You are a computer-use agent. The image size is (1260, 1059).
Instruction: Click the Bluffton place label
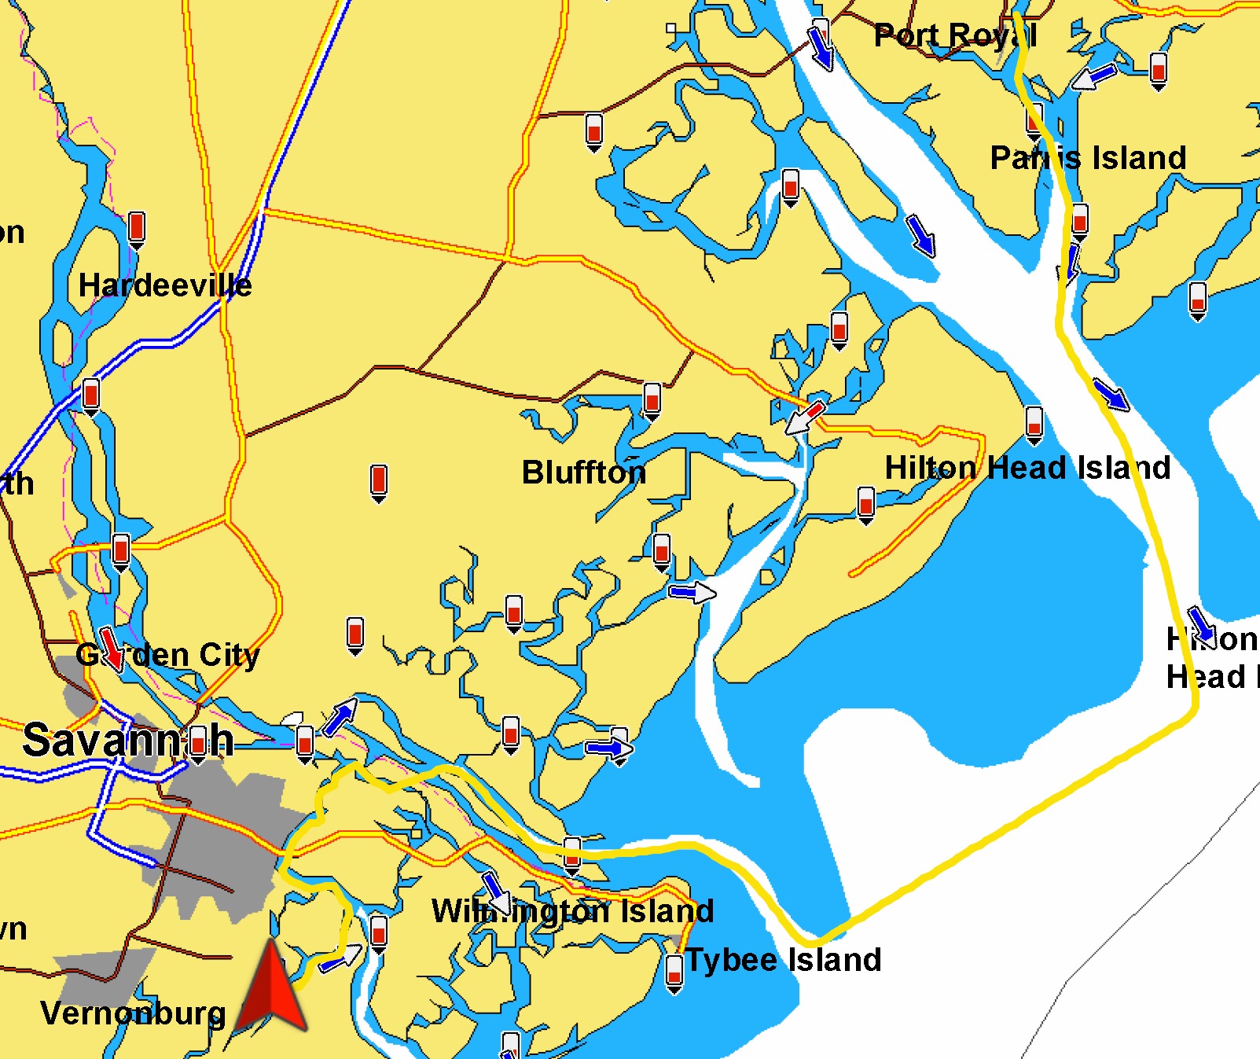(x=583, y=473)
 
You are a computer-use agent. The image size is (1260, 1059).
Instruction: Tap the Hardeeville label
(x=165, y=285)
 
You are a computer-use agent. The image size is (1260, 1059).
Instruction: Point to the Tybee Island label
(x=784, y=960)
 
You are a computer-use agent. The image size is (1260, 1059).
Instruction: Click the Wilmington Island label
(x=573, y=911)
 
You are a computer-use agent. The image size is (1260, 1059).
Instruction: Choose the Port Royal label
(x=955, y=35)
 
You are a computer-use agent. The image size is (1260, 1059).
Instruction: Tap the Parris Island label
(x=1088, y=158)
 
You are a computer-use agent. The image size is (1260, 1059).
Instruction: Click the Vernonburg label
(x=133, y=1013)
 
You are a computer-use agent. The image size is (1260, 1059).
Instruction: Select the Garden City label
(x=167, y=655)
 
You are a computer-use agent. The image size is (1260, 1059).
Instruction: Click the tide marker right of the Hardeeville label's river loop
(x=137, y=229)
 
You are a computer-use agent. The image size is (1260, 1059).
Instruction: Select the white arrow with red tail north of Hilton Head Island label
(x=806, y=417)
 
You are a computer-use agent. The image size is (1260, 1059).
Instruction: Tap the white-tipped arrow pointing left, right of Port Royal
(x=1094, y=77)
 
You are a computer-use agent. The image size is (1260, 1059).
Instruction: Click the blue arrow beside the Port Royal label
(x=821, y=49)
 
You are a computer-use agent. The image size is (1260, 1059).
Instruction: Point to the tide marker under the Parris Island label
(x=1080, y=221)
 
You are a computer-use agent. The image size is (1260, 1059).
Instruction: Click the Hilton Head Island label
(x=1027, y=468)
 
